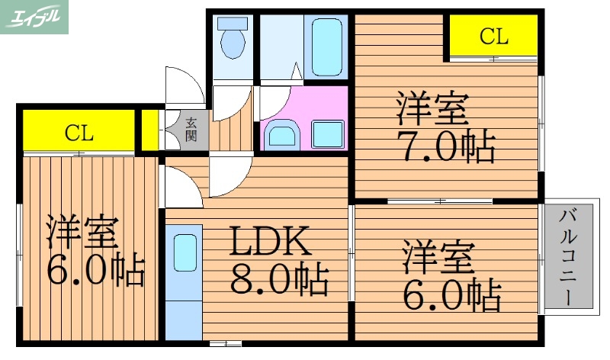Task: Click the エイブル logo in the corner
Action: point(34,17)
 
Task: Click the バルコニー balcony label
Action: point(567,257)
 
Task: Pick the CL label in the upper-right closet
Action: point(493,35)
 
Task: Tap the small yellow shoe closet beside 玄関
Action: point(150,130)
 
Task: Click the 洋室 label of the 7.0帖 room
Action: point(432,109)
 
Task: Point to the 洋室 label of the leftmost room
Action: point(82,232)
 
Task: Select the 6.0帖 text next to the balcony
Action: point(450,293)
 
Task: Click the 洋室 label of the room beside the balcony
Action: point(438,258)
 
